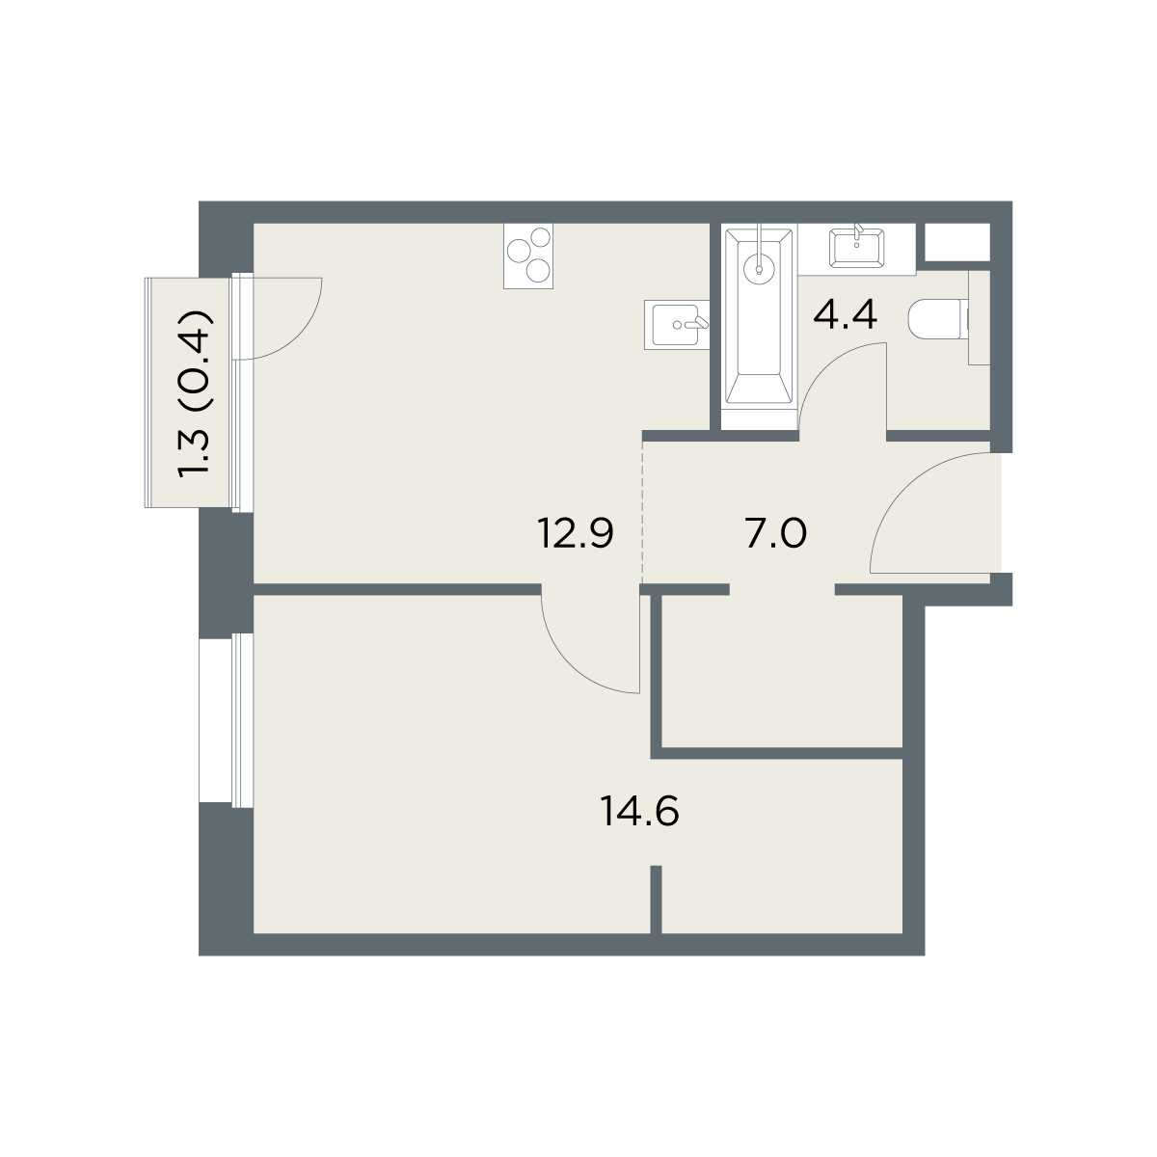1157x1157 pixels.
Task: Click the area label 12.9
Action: coord(576,534)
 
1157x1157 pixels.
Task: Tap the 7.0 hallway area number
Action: coord(776,534)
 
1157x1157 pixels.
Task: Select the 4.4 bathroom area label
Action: coord(846,314)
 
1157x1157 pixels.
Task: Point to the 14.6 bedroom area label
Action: coord(639,812)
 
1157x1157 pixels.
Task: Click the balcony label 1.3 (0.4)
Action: coord(195,394)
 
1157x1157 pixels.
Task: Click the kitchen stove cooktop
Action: coord(528,256)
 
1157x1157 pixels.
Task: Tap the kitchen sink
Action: coord(677,324)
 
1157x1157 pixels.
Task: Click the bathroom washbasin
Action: coord(857,248)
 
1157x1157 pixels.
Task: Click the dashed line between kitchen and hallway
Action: coord(642,512)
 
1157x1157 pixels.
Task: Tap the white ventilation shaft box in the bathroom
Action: coord(957,242)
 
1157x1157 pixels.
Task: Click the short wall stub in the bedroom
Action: coord(657,900)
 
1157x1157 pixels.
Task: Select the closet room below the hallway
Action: coord(782,671)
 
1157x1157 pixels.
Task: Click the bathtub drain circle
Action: coord(759,268)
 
